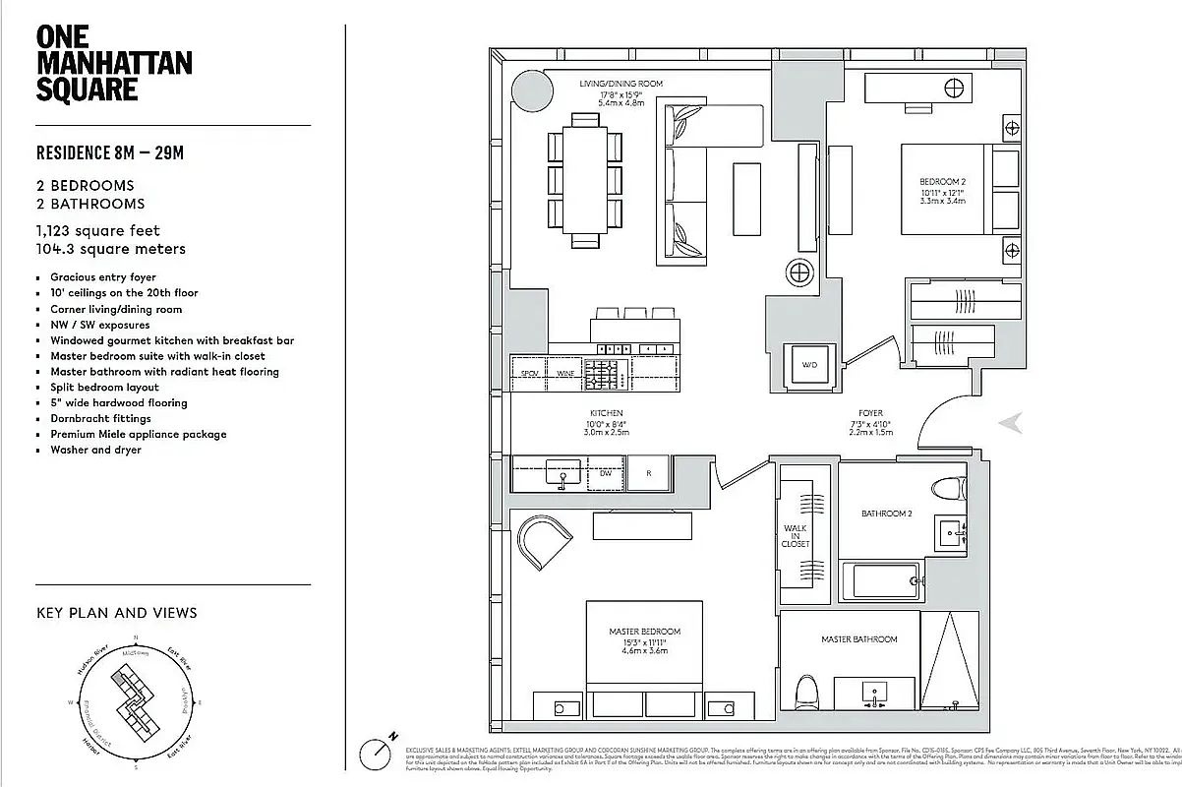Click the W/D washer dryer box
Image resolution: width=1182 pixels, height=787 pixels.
click(x=808, y=365)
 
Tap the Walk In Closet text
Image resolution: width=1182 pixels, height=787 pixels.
click(x=796, y=536)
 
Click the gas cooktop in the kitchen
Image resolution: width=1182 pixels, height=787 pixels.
click(x=602, y=373)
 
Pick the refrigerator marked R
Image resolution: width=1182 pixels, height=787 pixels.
click(x=649, y=473)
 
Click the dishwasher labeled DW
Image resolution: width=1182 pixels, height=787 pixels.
click(x=606, y=473)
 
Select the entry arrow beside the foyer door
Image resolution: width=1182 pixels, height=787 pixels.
click(x=1010, y=423)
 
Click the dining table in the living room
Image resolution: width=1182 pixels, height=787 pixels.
click(x=585, y=182)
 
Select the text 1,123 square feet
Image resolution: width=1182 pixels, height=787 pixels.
click(x=97, y=231)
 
